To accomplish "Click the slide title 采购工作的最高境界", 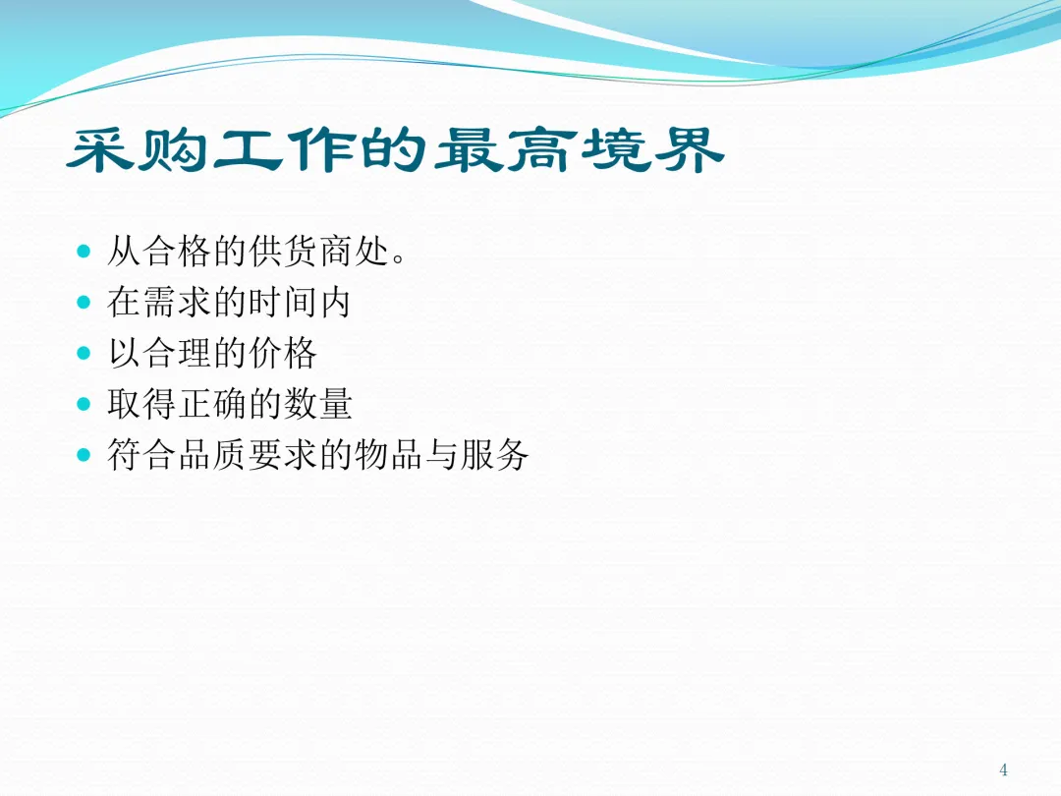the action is [396, 149].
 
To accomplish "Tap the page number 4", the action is [1003, 769].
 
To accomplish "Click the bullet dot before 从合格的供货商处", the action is [84, 252].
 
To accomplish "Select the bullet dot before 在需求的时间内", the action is [84, 302].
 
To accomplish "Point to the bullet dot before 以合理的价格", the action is [84, 353].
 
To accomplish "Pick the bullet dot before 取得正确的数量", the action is [84, 404].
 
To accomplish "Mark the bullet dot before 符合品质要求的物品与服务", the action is [84, 454].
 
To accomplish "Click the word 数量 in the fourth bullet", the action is [318, 404].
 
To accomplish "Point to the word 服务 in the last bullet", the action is [494, 454].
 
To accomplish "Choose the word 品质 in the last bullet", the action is [213, 454].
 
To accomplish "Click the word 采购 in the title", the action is [138, 149].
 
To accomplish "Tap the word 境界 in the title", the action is [653, 149].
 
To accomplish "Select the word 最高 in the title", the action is [506, 149].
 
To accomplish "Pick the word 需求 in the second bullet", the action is [178, 302].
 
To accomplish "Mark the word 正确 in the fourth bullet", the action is [213, 404].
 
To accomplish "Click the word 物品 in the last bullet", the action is [389, 454].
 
